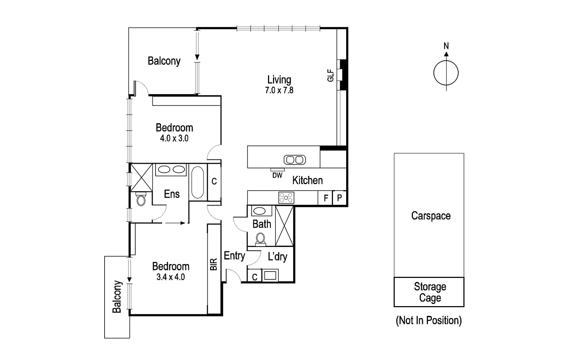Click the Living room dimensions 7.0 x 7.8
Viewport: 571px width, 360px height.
click(279, 91)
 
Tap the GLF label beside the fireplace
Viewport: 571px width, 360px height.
click(330, 75)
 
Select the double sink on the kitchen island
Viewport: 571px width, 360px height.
click(294, 159)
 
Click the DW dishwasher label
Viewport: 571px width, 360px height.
click(277, 176)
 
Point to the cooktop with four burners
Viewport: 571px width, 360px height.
click(286, 198)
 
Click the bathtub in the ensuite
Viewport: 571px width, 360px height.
click(198, 182)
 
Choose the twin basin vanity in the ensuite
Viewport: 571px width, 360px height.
click(171, 169)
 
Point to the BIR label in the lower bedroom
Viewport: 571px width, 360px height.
click(214, 264)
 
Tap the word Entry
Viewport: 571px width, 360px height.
click(234, 255)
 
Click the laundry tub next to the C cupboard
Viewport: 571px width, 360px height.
click(270, 276)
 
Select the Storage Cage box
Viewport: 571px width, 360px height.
click(429, 292)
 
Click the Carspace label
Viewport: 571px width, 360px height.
click(431, 216)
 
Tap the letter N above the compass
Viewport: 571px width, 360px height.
click(446, 46)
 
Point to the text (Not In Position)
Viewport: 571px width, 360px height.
click(429, 320)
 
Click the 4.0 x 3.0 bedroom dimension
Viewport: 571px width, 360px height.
click(174, 138)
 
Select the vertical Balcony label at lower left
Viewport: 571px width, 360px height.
click(117, 297)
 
